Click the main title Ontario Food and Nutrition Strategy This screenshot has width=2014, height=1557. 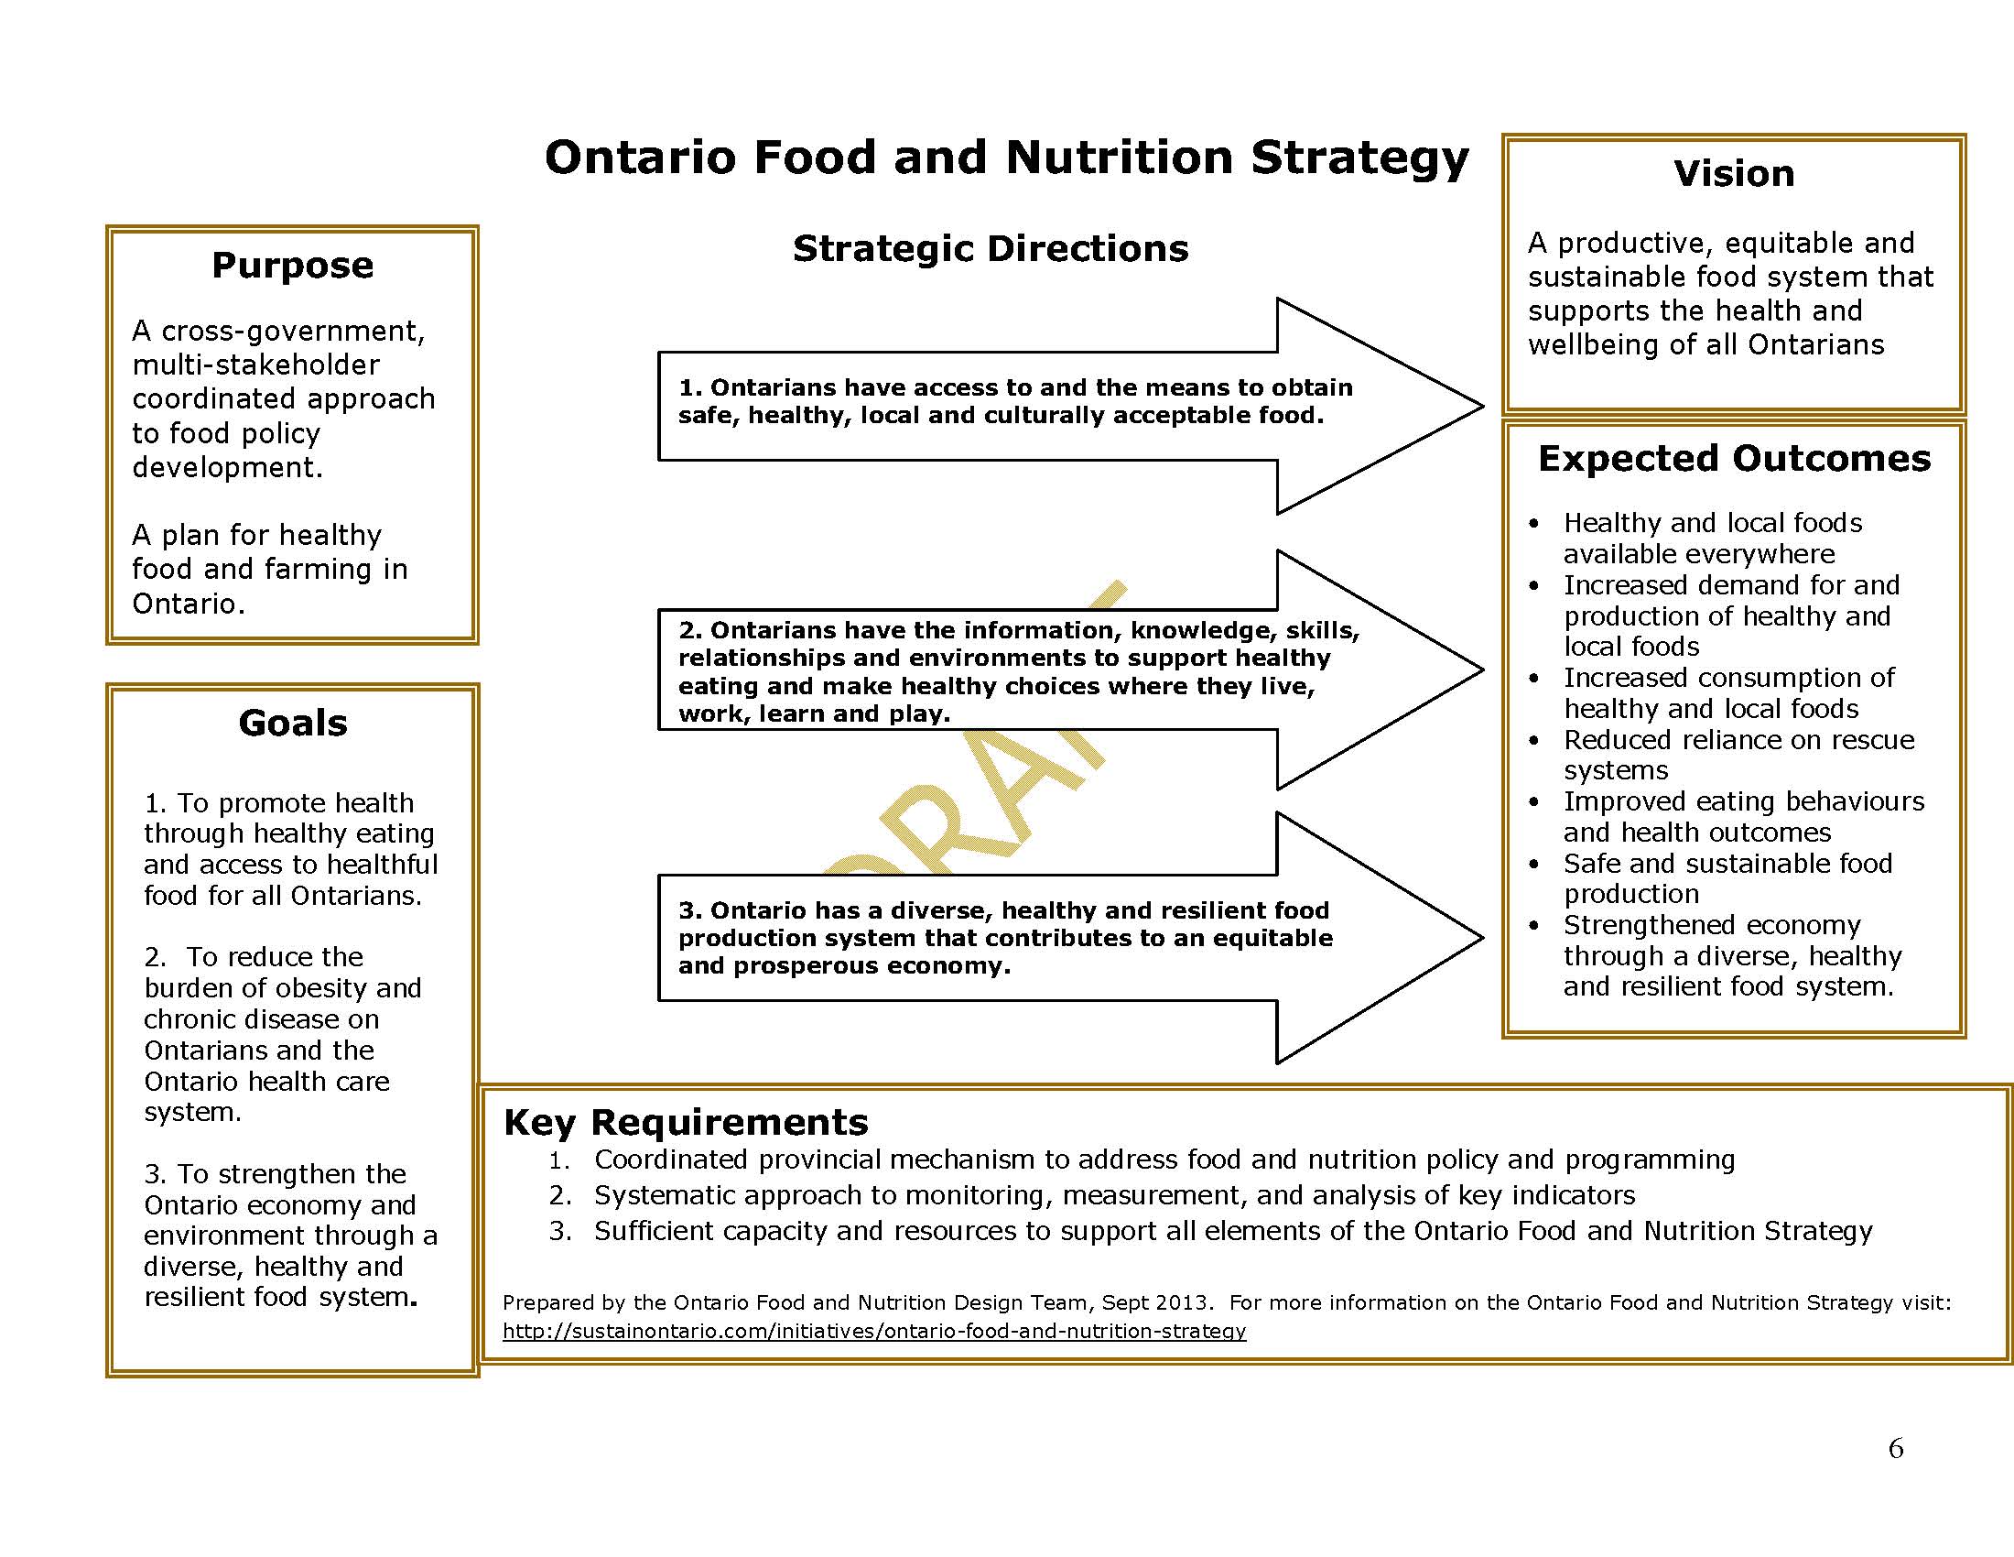[1006, 158]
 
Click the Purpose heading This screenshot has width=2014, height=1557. [292, 266]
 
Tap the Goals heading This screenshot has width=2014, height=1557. [292, 724]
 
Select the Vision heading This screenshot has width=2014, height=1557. [1734, 174]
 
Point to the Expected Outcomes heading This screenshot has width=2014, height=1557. [1734, 460]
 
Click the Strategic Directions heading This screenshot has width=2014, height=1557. [991, 249]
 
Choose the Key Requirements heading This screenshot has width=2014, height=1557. [685, 1123]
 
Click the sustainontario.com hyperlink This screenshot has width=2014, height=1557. [873, 1331]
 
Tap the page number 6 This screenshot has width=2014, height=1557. [1896, 1448]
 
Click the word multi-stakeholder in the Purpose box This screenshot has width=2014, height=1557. [255, 365]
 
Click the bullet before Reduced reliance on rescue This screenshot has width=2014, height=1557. [1533, 742]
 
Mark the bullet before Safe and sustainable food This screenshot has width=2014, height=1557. [1533, 866]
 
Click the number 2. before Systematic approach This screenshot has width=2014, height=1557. [559, 1195]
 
